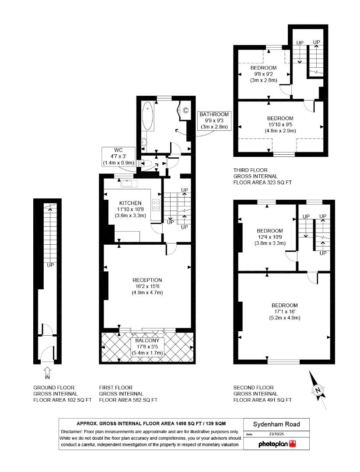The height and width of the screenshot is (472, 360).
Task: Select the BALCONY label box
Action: click(147, 347)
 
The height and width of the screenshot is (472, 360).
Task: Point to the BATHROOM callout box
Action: click(214, 121)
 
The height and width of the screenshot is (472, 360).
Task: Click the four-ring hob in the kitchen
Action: click(155, 205)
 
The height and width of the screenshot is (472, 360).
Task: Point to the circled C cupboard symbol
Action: click(185, 110)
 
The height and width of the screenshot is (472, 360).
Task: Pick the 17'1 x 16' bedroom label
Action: click(284, 312)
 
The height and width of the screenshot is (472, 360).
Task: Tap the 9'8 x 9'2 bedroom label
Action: click(263, 74)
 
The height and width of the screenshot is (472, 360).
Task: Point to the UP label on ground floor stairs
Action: click(50, 265)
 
